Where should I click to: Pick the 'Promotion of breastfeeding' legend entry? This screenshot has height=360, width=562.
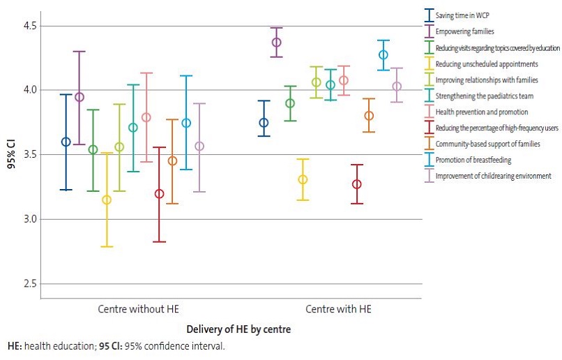[x=473, y=160]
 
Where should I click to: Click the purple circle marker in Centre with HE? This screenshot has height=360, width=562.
[x=277, y=43]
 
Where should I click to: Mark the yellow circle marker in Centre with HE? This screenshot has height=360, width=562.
[x=303, y=179]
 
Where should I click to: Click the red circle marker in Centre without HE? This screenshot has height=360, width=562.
[x=159, y=193]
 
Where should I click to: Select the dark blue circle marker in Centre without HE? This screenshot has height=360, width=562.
[x=66, y=142]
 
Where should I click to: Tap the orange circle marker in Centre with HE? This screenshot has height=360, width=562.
[x=369, y=116]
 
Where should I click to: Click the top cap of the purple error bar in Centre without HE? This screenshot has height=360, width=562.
[x=79, y=51]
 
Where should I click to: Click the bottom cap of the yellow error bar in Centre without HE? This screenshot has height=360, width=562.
[x=107, y=246]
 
